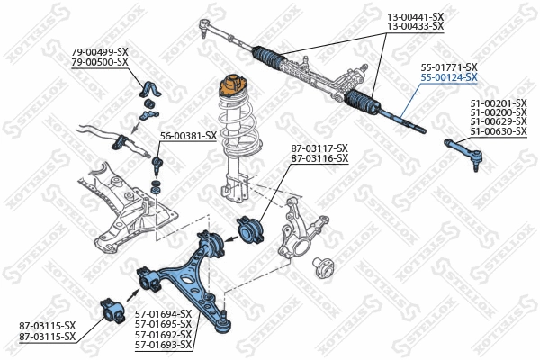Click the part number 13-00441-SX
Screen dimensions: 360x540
[416, 17]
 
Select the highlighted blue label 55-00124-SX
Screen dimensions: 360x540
[448, 78]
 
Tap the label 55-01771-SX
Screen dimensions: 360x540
[448, 67]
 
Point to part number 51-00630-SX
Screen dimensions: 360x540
[498, 132]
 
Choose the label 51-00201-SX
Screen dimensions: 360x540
[498, 103]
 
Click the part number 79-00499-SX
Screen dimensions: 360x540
[101, 51]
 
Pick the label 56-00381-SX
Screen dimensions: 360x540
[188, 136]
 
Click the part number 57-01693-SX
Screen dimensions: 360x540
[162, 344]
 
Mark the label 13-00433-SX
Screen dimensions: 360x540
[416, 27]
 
